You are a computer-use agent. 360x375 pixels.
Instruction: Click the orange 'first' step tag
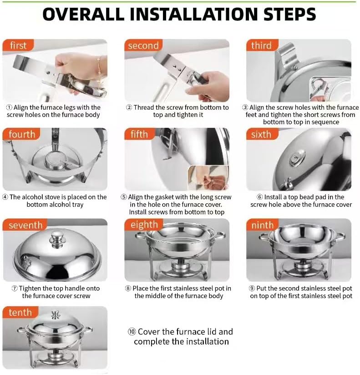(18, 45)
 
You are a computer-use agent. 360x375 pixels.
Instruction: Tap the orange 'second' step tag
(143, 45)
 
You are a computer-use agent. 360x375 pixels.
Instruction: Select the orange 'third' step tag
(262, 45)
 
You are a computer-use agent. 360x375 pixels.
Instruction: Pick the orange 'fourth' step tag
(21, 134)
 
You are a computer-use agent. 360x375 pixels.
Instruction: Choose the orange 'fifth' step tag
(140, 134)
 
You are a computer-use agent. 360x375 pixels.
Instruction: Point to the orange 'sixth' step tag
(262, 134)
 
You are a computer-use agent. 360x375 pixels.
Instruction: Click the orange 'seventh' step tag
(25, 225)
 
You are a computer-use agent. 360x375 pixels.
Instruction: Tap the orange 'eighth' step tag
(143, 224)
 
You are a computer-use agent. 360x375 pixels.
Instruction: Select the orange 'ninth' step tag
(263, 225)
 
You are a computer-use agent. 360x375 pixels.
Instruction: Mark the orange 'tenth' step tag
(20, 312)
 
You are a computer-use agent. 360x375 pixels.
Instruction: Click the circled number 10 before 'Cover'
(132, 332)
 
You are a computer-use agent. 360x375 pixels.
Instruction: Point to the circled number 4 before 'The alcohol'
(5, 197)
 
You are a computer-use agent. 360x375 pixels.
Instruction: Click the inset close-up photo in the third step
(330, 89)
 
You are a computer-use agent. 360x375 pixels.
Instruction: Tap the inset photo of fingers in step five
(208, 178)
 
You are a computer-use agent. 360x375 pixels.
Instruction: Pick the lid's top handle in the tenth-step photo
(56, 315)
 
